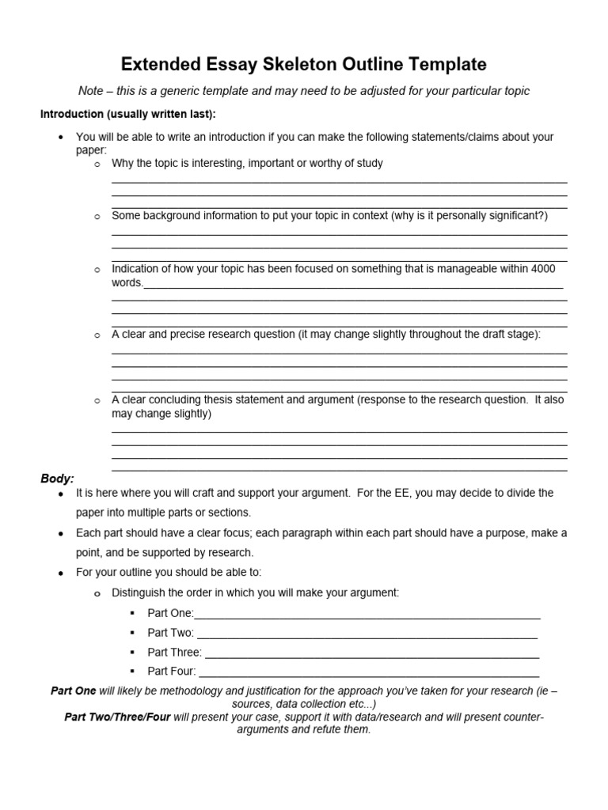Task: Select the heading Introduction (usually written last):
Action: (127, 114)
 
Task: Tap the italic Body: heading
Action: (57, 479)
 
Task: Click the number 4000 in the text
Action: (543, 269)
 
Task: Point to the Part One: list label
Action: (170, 613)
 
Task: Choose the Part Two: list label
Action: (171, 633)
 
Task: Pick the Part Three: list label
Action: (174, 653)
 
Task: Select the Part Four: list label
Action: (172, 672)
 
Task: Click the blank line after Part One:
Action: (367, 615)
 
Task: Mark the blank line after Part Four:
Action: (368, 674)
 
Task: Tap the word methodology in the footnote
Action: (205, 691)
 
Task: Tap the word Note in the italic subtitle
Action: (91, 91)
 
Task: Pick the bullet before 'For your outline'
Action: (61, 572)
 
